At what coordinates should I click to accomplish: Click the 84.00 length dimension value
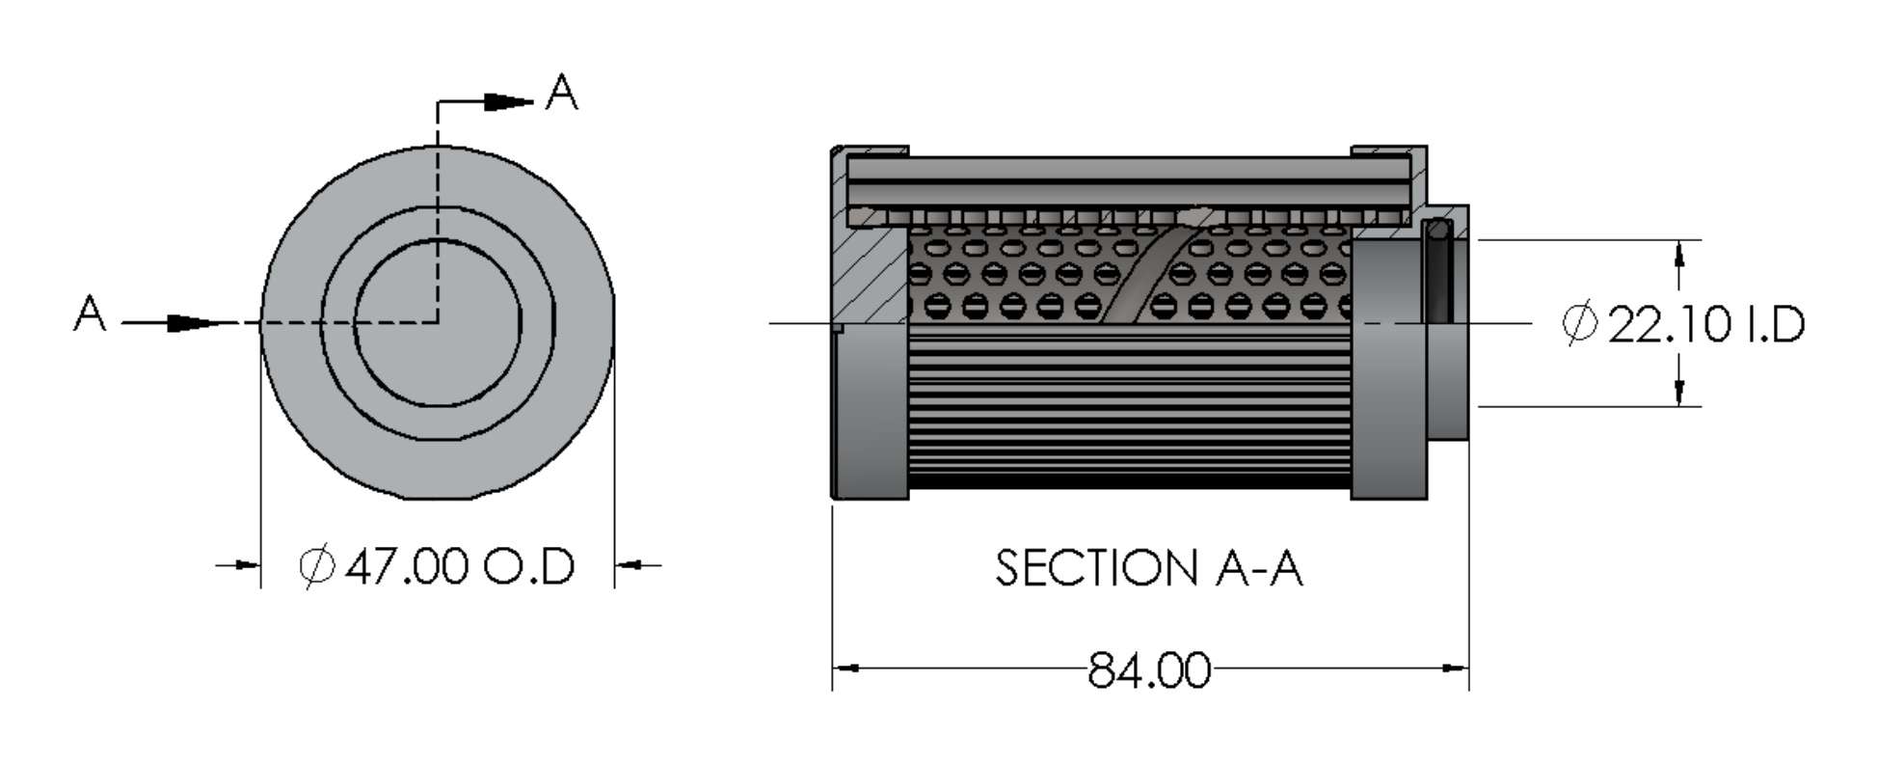(x=1148, y=669)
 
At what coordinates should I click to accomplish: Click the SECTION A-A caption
(x=1148, y=568)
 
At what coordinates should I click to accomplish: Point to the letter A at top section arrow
(x=561, y=94)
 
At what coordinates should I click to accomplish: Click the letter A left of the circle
(x=90, y=314)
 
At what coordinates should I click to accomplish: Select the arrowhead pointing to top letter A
(x=507, y=101)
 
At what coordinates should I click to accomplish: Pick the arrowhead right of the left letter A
(x=189, y=323)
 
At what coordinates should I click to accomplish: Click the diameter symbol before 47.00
(x=316, y=566)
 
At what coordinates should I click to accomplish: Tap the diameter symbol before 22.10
(x=1579, y=324)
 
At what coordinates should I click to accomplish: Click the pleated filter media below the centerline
(x=1128, y=405)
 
